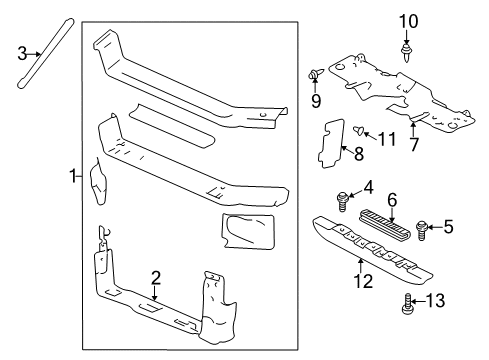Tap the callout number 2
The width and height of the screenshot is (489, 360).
[x=156, y=278]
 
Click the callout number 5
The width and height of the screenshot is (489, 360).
[x=449, y=227]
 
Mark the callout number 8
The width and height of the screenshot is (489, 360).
[x=358, y=152]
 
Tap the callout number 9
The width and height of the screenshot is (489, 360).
[x=317, y=100]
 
